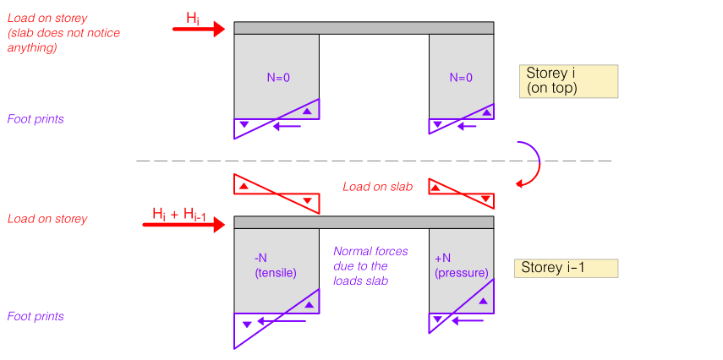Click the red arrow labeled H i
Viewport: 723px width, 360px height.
(198, 29)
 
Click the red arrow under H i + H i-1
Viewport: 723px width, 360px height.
(183, 225)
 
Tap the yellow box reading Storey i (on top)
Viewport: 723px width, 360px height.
(568, 81)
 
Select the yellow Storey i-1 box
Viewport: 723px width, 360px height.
(566, 268)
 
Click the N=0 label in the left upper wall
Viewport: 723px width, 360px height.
(278, 78)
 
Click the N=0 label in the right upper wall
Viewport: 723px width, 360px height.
(461, 78)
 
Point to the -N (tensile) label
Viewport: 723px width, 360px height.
(276, 265)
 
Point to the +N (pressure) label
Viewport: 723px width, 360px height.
(461, 265)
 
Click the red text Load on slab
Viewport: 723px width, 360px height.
(378, 187)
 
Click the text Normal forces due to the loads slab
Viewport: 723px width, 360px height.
(370, 266)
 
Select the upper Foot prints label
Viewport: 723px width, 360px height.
(36, 119)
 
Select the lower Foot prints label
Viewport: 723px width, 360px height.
(36, 317)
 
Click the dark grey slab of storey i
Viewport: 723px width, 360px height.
(364, 28)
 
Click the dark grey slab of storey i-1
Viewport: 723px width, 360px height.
(364, 222)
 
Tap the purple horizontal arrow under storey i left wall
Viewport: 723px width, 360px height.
(288, 126)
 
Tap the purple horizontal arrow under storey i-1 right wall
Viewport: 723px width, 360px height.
(467, 320)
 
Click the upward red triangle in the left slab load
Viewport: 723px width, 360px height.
(244, 186)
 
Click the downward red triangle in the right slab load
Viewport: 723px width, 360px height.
(485, 199)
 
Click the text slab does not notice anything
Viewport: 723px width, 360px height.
(63, 40)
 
